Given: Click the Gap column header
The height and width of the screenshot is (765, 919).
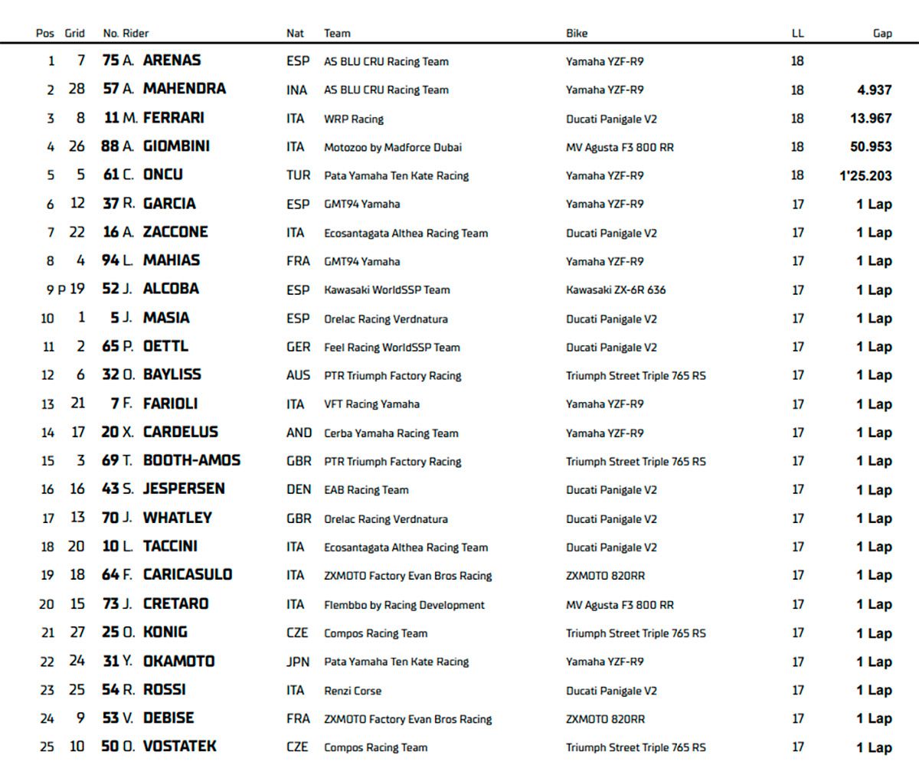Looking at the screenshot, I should click(882, 33).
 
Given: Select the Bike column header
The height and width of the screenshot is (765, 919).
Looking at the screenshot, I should click(577, 33).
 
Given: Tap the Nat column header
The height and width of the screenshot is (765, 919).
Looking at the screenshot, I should click(295, 33).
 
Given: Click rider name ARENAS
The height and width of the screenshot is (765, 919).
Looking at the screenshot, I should click(172, 60).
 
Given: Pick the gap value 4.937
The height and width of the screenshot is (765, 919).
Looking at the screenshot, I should click(874, 90).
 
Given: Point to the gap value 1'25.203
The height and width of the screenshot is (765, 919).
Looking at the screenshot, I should click(865, 175).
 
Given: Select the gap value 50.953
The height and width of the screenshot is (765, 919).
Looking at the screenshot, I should click(870, 146).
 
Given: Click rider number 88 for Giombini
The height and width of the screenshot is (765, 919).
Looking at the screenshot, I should click(110, 146).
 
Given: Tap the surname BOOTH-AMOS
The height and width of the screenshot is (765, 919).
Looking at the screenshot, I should click(191, 461).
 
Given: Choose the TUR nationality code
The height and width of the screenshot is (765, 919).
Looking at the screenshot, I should click(298, 175).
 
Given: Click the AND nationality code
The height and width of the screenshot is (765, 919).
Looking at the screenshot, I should click(299, 433).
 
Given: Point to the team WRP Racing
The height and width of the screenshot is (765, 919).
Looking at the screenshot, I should click(354, 119).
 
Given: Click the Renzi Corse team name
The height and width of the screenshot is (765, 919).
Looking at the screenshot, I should click(352, 690).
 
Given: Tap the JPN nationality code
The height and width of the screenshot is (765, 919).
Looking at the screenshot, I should click(298, 662).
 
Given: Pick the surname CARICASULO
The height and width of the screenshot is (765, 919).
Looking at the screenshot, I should click(188, 575).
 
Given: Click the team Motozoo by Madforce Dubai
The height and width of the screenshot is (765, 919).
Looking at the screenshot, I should click(393, 147).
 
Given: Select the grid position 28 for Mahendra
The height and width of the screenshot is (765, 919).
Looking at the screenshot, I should click(77, 90).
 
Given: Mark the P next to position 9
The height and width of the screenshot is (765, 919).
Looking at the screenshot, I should click(62, 289).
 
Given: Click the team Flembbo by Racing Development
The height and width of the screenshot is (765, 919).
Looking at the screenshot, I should click(404, 604).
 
